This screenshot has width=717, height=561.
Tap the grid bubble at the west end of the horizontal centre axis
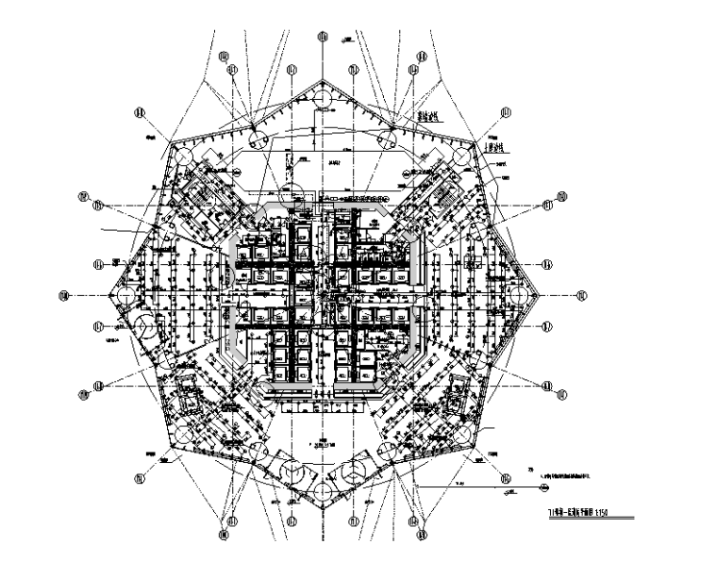point(64,295)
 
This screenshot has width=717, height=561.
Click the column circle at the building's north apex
point(322,99)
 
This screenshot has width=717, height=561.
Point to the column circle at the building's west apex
point(123,295)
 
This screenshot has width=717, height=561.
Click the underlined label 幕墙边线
point(431,120)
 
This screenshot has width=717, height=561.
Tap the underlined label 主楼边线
point(496,149)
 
